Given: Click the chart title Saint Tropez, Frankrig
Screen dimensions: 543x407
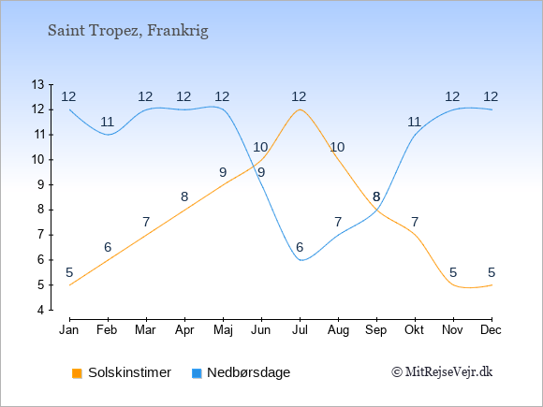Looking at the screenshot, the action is click(127, 31).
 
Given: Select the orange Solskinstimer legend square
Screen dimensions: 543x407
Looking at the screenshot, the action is click(77, 373).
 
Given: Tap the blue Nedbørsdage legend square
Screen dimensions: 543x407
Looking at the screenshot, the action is click(197, 373).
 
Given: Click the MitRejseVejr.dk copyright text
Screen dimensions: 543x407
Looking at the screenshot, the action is click(442, 372).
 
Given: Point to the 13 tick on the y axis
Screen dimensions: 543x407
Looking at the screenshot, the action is click(51, 84).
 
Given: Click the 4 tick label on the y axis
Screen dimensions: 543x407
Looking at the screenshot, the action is click(41, 310).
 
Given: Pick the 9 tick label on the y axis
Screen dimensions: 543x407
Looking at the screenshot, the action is click(41, 184).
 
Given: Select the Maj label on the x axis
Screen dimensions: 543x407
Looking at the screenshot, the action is click(223, 330).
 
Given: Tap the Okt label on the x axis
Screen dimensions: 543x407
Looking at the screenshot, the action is click(414, 330).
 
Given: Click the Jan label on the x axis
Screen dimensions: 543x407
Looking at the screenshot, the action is click(69, 330).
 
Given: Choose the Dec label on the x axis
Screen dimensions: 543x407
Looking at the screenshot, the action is click(492, 330).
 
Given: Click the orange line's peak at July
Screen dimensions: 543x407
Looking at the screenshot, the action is click(300, 109).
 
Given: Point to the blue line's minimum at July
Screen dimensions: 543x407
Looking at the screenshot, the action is click(301, 260).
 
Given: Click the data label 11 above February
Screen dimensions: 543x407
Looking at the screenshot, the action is click(108, 122).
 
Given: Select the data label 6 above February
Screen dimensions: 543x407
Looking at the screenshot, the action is click(108, 247).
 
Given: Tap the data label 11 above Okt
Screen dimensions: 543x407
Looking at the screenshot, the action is click(414, 122).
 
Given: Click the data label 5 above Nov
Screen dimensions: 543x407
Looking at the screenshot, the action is click(453, 272).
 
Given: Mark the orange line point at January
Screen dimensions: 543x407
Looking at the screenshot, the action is click(70, 284).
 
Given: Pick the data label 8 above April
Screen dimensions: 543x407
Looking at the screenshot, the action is click(184, 196).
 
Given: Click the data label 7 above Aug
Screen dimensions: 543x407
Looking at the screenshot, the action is click(338, 222).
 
